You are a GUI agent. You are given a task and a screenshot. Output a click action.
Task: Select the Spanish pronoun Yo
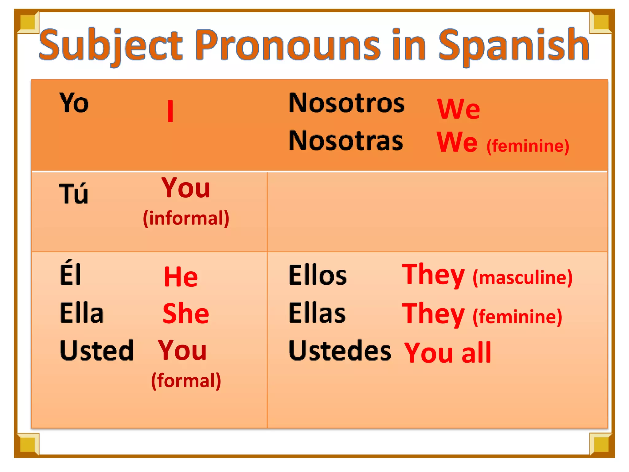pyautogui.click(x=74, y=103)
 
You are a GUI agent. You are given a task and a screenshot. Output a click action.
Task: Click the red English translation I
pyautogui.click(x=170, y=111)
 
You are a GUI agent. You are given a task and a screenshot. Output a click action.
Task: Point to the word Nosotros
pyautogui.click(x=347, y=103)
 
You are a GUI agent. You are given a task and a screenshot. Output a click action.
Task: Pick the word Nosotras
pyautogui.click(x=346, y=140)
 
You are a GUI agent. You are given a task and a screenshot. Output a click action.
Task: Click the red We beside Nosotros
pyautogui.click(x=459, y=109)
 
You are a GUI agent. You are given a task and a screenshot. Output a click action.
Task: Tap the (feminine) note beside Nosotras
pyautogui.click(x=528, y=146)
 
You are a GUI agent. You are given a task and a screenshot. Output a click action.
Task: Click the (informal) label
pyautogui.click(x=186, y=218)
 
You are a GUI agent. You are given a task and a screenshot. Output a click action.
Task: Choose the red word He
pyautogui.click(x=181, y=277)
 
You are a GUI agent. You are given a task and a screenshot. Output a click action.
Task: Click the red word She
pyautogui.click(x=186, y=313)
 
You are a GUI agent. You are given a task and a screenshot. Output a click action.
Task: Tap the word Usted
pyautogui.click(x=96, y=350)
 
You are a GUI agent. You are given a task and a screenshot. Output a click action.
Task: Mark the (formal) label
pyautogui.click(x=186, y=381)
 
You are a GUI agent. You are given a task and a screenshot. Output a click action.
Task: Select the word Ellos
pyautogui.click(x=318, y=275)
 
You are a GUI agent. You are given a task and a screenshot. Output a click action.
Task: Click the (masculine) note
pyautogui.click(x=522, y=277)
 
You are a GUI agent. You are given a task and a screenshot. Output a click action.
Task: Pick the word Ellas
pyautogui.click(x=317, y=313)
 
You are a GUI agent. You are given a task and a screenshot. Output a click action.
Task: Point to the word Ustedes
pyautogui.click(x=340, y=351)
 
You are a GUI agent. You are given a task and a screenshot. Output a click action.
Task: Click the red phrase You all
pyautogui.click(x=448, y=352)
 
